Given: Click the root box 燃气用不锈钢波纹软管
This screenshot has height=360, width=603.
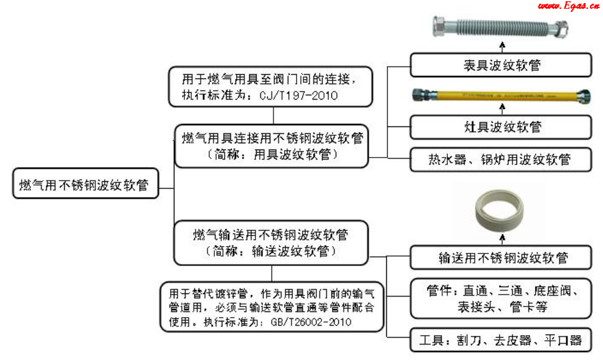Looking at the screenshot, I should [x=84, y=186].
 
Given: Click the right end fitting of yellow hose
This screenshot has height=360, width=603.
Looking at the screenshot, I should [x=584, y=96].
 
